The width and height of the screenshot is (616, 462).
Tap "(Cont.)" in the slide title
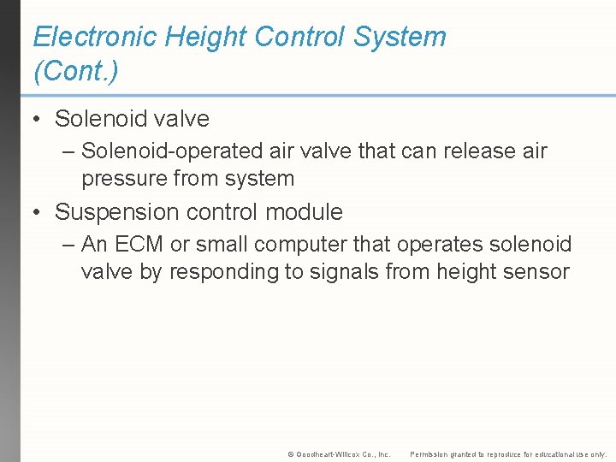75,71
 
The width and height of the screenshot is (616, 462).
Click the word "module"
304,212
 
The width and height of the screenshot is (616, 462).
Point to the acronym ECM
140,245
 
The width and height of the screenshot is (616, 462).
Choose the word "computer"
299,245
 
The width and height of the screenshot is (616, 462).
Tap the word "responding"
258,272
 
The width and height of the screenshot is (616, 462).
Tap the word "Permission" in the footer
430,453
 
